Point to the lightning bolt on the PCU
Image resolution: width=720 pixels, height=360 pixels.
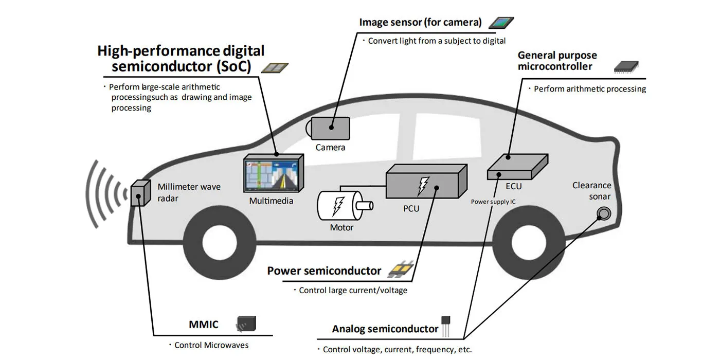[x=423, y=186]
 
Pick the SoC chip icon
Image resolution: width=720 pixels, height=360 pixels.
[x=275, y=68]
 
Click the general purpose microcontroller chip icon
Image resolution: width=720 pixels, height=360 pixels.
[x=625, y=66]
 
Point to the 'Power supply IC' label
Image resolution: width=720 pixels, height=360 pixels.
[x=493, y=202]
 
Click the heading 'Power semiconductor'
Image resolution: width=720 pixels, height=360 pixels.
[x=324, y=271]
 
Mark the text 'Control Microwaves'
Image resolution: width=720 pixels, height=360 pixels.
[x=211, y=345]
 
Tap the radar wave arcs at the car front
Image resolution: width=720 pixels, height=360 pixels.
[x=105, y=193]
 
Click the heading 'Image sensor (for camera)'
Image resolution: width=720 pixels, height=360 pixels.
[x=420, y=22]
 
